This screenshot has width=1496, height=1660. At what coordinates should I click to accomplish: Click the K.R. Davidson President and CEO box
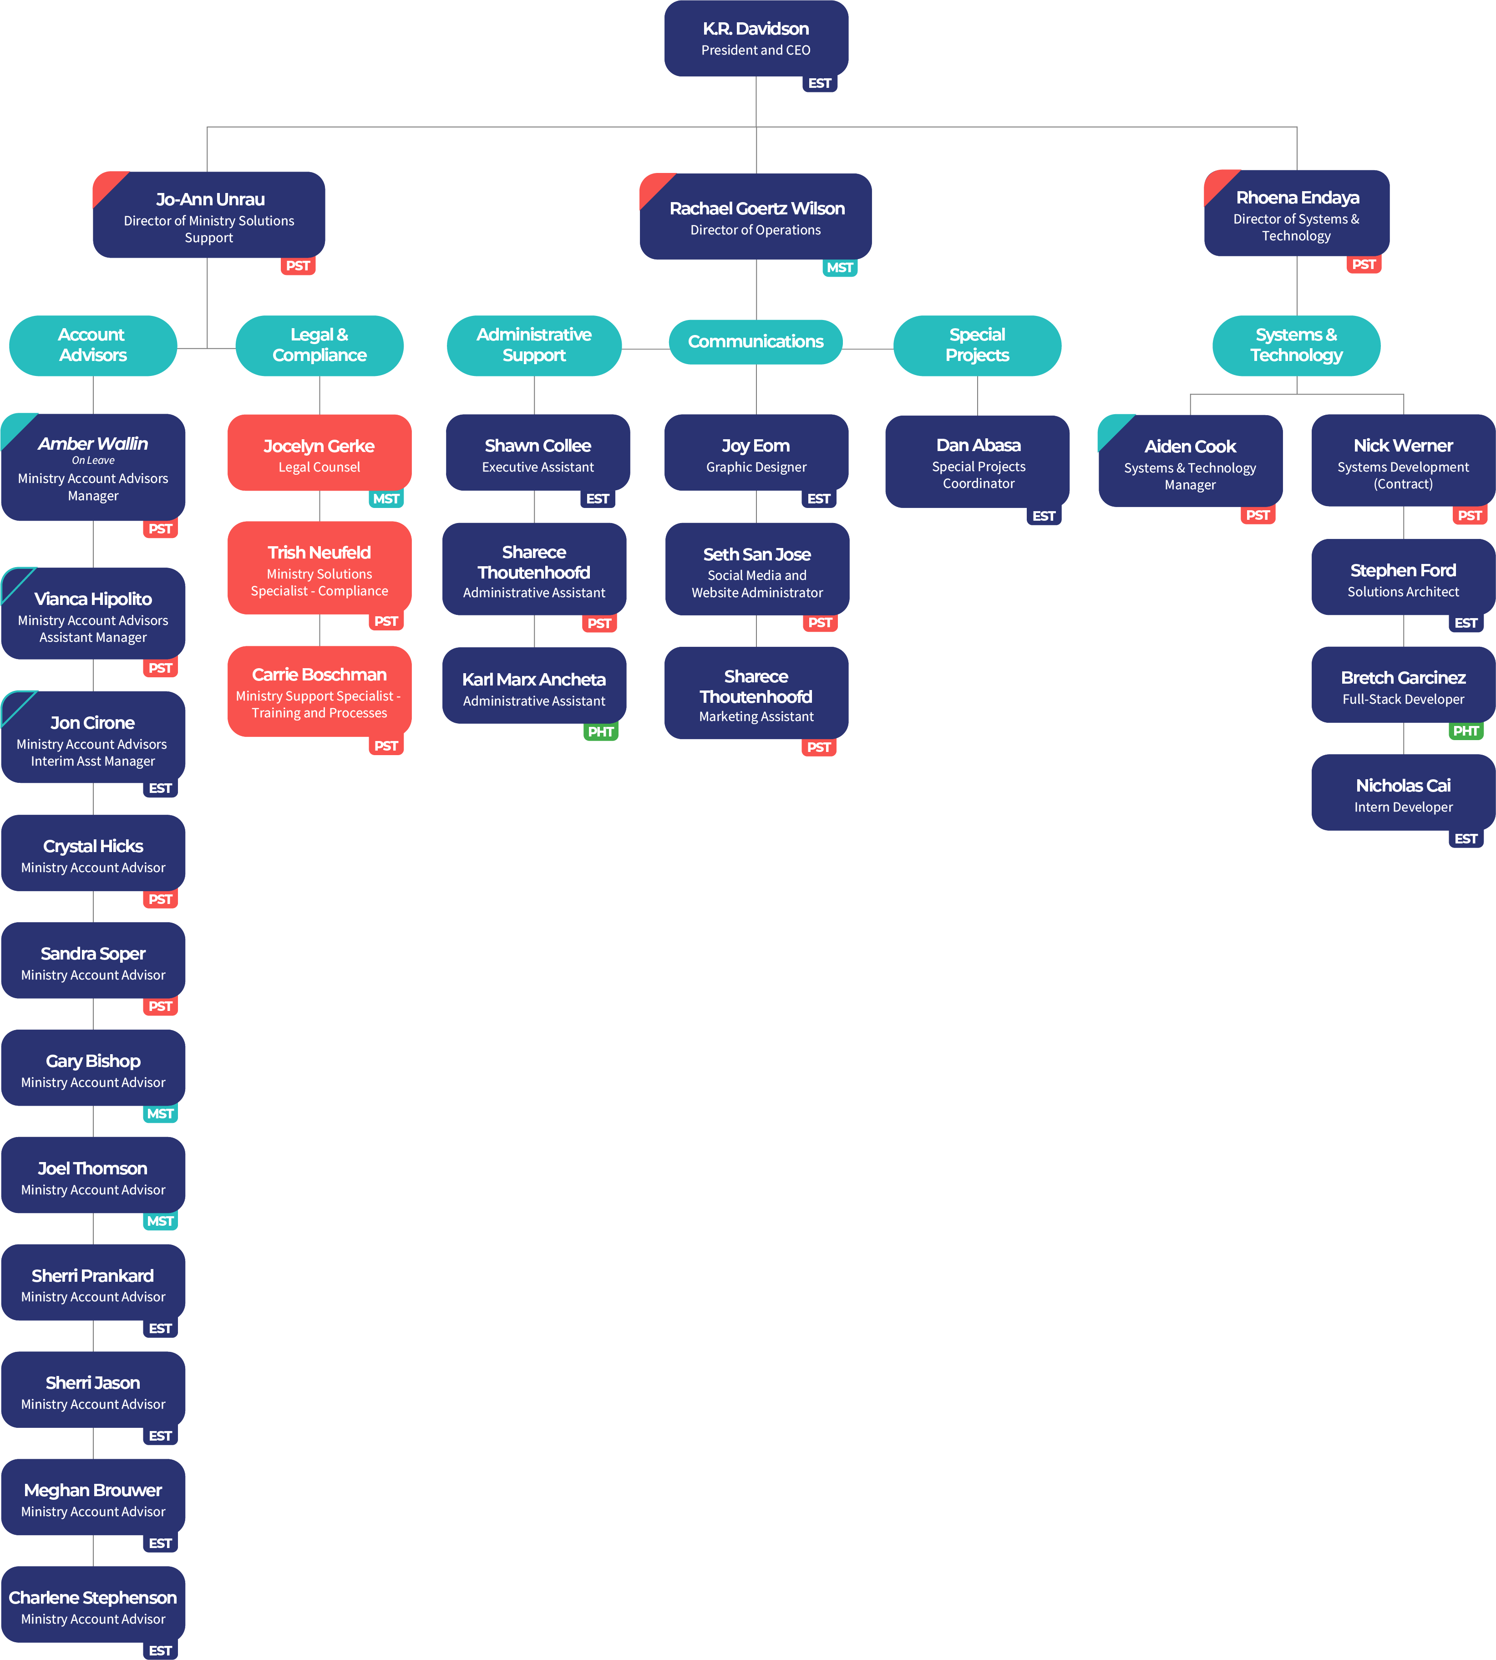pos(756,38)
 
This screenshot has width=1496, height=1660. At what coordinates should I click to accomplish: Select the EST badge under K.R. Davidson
pos(820,83)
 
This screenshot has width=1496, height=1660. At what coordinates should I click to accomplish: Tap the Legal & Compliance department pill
pos(319,345)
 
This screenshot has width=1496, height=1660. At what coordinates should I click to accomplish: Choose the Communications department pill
pos(756,341)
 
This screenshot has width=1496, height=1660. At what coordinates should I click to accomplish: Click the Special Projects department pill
pos(977,345)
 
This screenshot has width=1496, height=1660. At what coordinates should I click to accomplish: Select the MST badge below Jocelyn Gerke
pos(385,499)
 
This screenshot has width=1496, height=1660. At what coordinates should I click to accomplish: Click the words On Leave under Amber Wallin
pos(93,461)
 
